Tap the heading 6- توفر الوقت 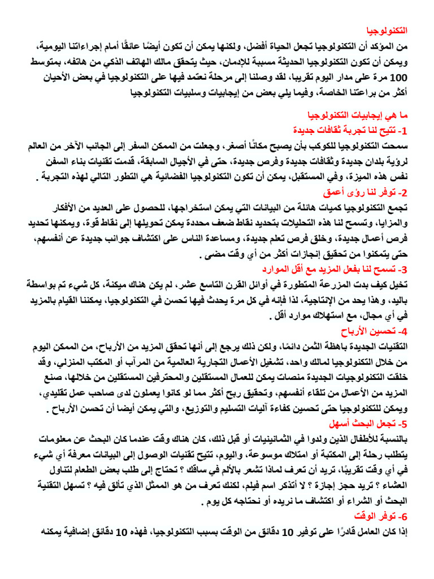[387, 516]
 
